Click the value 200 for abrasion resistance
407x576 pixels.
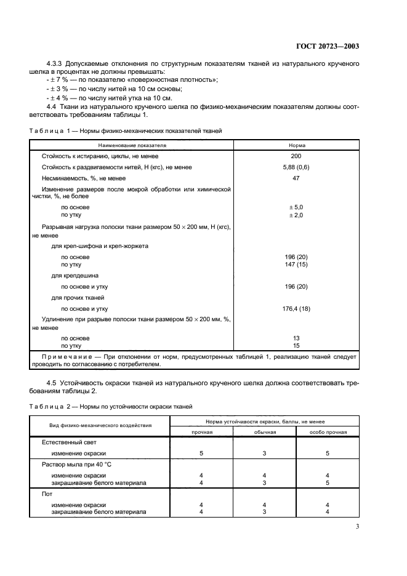coord(296,156)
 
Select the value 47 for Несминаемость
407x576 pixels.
coord(296,177)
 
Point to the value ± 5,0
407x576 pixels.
coord(296,208)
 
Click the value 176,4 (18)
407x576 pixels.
coord(296,308)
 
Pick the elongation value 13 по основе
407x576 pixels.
coord(296,338)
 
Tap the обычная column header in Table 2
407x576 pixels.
coord(265,432)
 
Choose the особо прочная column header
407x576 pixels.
coord(328,432)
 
